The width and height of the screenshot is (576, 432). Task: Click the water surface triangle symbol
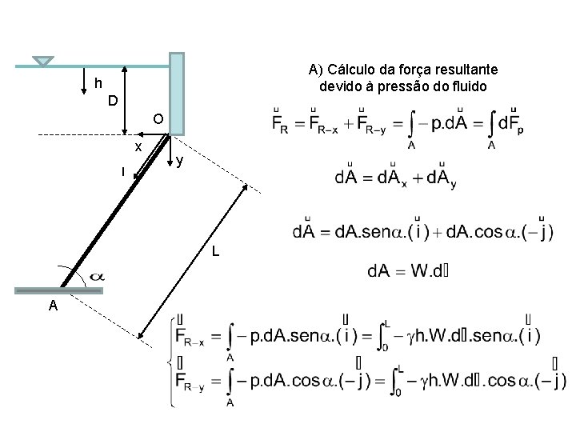(x=44, y=62)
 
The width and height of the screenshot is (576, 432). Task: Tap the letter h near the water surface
(x=98, y=83)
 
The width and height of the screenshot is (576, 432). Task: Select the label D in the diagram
(x=114, y=101)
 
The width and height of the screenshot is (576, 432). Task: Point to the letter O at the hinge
(x=158, y=119)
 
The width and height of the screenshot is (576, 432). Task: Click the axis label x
(x=138, y=147)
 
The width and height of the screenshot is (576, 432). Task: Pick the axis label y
(x=181, y=161)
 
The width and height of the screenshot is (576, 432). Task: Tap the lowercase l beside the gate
(x=122, y=171)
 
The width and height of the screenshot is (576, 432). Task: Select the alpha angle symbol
(x=94, y=276)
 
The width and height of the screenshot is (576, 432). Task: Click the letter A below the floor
(x=51, y=306)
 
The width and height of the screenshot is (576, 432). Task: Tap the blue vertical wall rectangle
(x=177, y=93)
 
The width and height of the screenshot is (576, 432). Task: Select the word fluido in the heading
(x=466, y=86)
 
